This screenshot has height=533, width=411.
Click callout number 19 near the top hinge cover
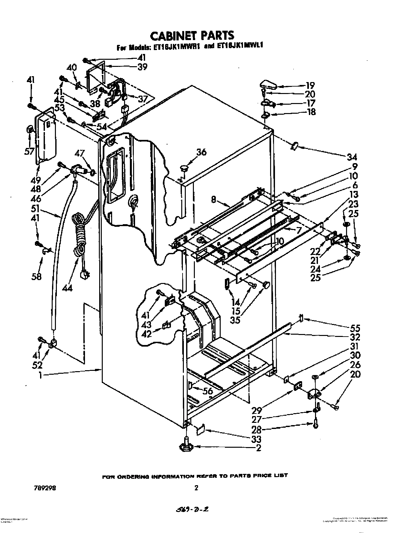[x=310, y=86]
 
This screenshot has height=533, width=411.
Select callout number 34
[x=352, y=157]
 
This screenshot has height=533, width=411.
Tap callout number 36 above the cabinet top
[x=201, y=152]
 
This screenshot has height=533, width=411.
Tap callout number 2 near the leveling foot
[x=258, y=448]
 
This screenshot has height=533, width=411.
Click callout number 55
[x=355, y=329]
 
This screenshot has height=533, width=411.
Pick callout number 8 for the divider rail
[x=214, y=199]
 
